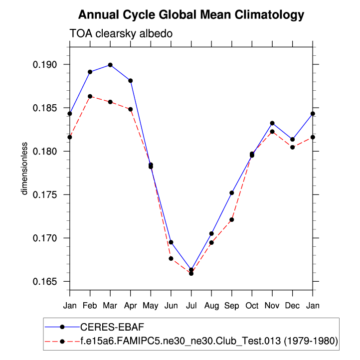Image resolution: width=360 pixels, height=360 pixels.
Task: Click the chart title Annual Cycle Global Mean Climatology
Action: tap(191, 15)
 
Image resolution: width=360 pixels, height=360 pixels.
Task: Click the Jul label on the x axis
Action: tap(191, 305)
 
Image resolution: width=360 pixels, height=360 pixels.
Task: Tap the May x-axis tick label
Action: tap(151, 305)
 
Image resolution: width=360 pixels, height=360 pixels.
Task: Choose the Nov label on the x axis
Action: tap(272, 305)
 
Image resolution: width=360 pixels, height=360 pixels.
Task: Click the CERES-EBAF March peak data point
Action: tap(110, 65)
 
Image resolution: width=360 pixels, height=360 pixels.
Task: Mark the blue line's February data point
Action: tap(90, 72)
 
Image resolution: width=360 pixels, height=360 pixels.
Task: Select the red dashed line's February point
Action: tap(90, 96)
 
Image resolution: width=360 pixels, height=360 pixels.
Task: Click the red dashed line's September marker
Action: tap(232, 219)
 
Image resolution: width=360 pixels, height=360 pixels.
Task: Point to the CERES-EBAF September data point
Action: tap(232, 192)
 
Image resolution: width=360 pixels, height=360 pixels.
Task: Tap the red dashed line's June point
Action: tap(171, 258)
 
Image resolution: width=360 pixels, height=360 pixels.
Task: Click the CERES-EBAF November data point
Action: tap(272, 123)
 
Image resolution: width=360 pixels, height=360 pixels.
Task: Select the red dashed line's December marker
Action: tap(292, 147)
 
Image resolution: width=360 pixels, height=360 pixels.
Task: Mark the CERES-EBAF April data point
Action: tap(131, 80)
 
